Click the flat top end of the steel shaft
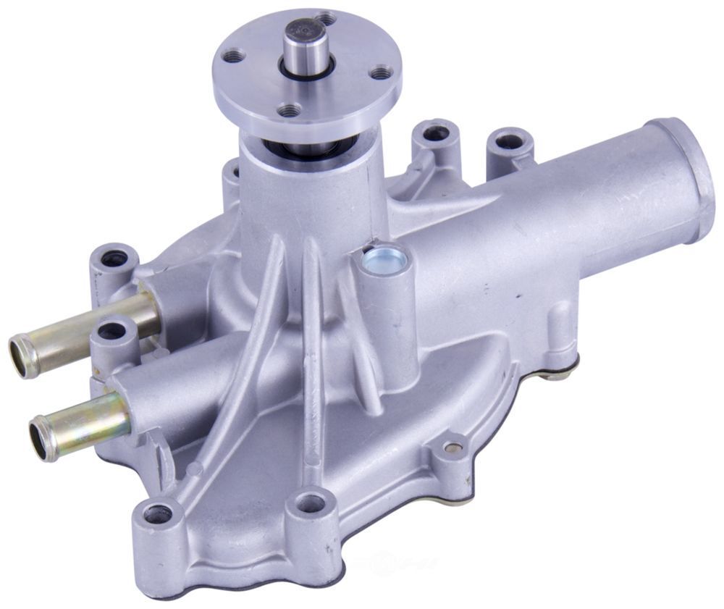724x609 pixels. point(304,30)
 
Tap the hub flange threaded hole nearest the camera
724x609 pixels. point(289,110)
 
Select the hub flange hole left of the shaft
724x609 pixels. point(234,55)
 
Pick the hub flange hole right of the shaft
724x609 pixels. point(379,72)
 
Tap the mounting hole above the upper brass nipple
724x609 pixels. point(114,258)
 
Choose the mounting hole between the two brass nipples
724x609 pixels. point(111,332)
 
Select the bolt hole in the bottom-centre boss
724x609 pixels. point(311,503)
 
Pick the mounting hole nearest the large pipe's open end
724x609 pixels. point(509,142)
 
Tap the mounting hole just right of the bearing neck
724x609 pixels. point(435,133)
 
